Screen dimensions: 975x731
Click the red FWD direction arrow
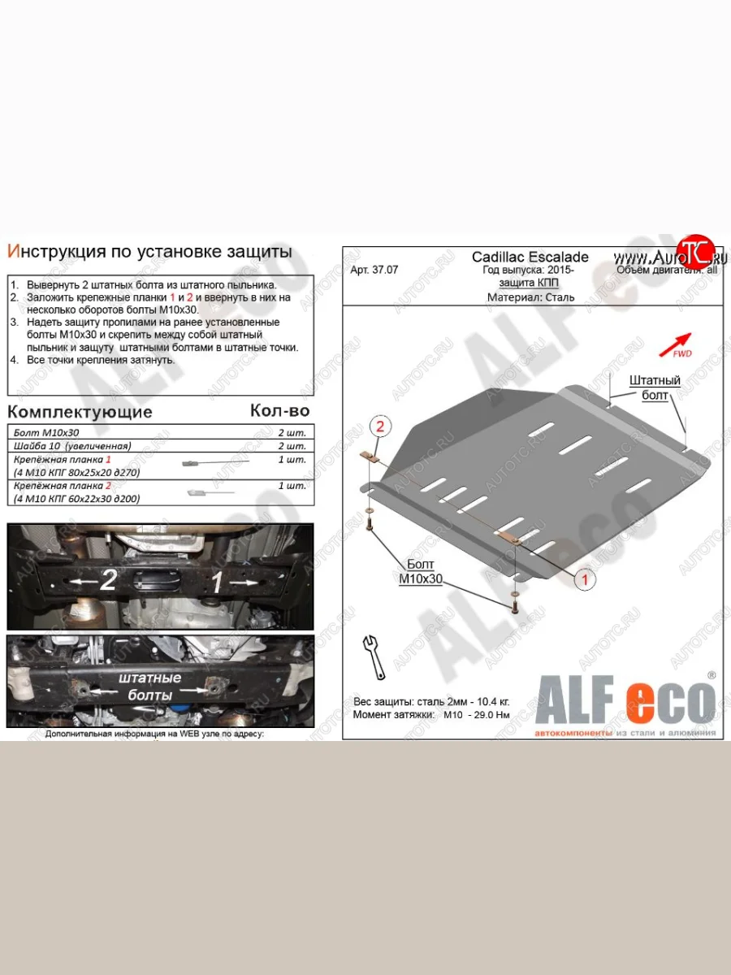point(675,344)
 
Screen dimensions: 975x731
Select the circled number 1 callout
point(582,579)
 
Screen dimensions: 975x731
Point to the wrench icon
point(374,655)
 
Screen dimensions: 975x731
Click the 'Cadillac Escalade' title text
point(530,258)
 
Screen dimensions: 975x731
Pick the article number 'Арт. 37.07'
point(374,271)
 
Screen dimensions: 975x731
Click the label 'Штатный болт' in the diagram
point(654,388)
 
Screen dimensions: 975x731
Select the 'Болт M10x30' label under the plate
point(418,571)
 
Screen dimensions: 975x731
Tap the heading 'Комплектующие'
point(80,412)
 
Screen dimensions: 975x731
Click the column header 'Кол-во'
point(279,411)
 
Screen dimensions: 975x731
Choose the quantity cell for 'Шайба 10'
point(291,446)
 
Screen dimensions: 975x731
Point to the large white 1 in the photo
point(217,582)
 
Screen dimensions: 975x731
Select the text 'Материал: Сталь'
point(530,297)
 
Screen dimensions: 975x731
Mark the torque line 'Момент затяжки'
point(431,715)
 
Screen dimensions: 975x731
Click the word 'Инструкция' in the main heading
point(56,251)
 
